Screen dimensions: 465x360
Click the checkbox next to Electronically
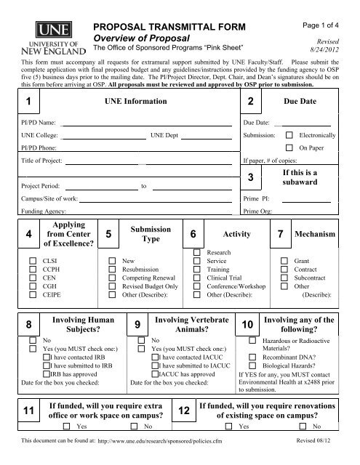click(x=289, y=135)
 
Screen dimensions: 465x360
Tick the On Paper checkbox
click(x=289, y=147)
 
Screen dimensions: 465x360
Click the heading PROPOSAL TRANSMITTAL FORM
click(x=175, y=27)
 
